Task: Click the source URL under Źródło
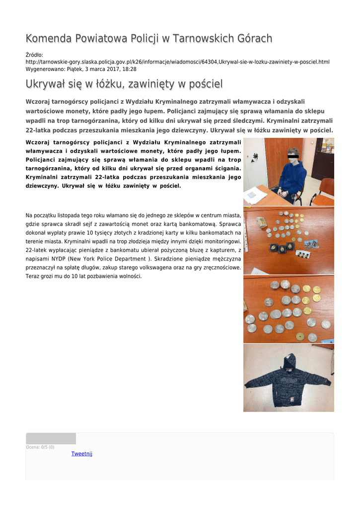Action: (177, 62)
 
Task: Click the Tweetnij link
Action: (82, 453)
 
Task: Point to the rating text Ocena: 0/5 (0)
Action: (40, 447)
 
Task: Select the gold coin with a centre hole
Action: (299, 336)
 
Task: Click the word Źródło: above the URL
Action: (34, 55)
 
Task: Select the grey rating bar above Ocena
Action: (51, 439)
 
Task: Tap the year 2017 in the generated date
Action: (111, 69)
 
